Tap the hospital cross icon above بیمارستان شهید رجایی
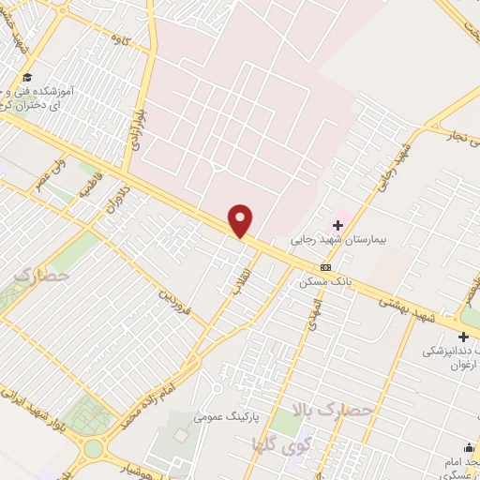337,225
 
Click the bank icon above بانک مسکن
325,267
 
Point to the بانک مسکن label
322,281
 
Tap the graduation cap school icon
28,77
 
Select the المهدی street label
315,315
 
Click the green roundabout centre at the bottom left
92,449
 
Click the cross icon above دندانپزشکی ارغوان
463,337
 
